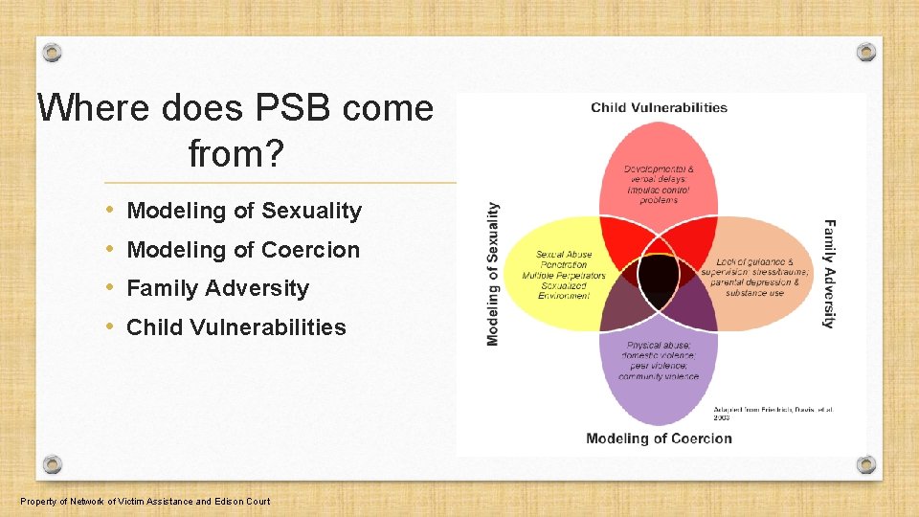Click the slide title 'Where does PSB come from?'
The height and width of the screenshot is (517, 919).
click(235, 128)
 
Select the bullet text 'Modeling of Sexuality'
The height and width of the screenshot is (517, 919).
click(244, 211)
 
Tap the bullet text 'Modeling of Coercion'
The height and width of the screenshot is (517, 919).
click(243, 250)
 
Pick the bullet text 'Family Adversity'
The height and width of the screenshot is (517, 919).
click(218, 288)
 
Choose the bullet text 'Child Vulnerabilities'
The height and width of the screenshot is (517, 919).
click(236, 327)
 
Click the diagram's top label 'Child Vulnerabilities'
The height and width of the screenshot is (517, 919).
click(659, 107)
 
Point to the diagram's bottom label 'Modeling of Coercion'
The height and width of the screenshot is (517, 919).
click(659, 438)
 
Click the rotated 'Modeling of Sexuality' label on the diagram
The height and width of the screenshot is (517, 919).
click(493, 273)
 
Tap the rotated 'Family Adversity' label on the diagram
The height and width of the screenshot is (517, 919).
click(829, 274)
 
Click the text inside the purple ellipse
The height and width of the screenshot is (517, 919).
click(659, 361)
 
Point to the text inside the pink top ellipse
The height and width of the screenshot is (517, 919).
click(659, 184)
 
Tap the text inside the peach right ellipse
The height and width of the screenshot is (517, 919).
click(760, 277)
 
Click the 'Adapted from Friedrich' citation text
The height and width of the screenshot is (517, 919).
click(773, 414)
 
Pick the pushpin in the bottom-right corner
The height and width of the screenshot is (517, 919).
click(865, 464)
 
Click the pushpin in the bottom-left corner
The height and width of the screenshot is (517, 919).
click(53, 464)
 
